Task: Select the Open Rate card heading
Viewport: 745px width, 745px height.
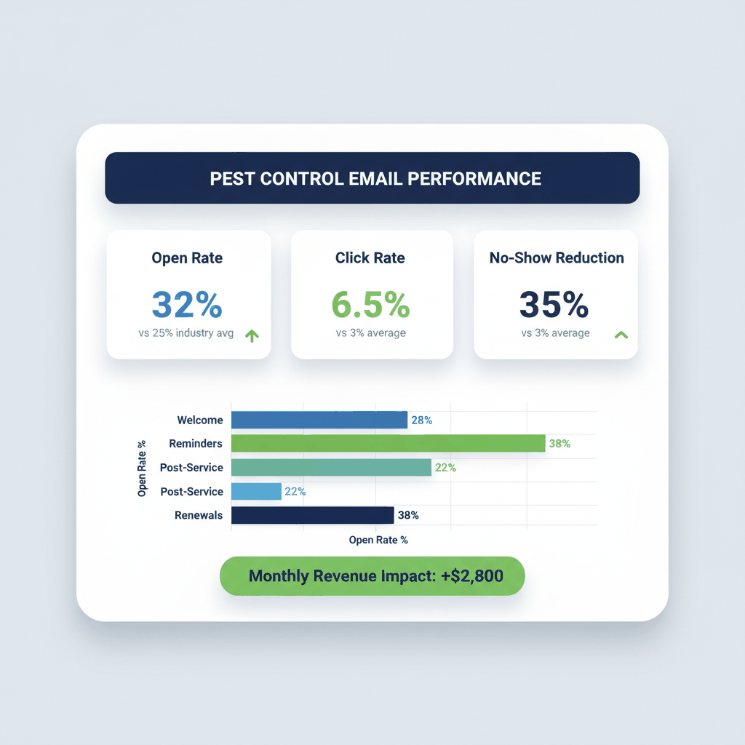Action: tap(187, 258)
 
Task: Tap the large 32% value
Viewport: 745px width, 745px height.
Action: tap(187, 304)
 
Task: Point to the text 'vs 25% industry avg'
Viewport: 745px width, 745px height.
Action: tap(186, 334)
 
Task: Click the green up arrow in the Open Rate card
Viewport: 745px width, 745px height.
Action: tap(252, 335)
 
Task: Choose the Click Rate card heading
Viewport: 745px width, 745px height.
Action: tap(370, 258)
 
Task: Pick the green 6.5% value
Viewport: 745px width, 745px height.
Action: tap(370, 304)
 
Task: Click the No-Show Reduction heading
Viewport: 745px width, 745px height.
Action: tap(557, 258)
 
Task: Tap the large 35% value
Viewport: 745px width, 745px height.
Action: tap(554, 304)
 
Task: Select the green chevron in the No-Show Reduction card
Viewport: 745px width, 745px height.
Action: tap(621, 335)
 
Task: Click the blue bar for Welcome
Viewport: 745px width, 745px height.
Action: tap(319, 420)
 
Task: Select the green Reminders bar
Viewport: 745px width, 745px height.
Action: tap(388, 443)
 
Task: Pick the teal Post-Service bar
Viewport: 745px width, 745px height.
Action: tap(331, 467)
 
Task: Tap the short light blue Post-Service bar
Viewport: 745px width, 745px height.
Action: tap(256, 491)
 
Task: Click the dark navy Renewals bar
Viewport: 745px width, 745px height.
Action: tap(312, 515)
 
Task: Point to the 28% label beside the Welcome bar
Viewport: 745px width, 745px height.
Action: tap(422, 420)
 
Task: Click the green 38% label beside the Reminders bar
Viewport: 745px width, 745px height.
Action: tap(559, 443)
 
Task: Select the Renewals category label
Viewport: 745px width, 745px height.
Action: tap(199, 515)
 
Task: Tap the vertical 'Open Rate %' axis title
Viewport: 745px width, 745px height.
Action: tap(142, 468)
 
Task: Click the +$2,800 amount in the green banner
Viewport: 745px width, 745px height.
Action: tap(471, 576)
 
